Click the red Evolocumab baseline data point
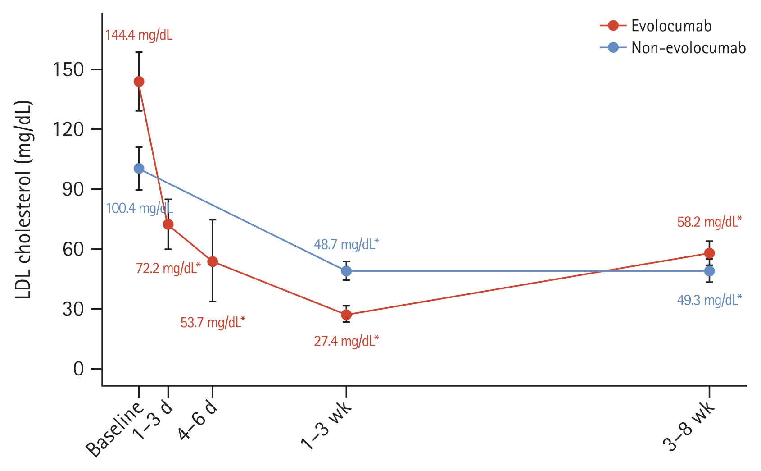[x=139, y=82]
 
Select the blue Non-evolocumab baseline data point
[x=139, y=169]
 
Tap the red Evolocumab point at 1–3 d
[x=168, y=224]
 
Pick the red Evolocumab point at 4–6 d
[x=213, y=261]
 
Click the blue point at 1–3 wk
[x=346, y=271]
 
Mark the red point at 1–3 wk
[x=346, y=315]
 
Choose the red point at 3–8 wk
[x=709, y=253]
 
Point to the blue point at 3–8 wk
[x=709, y=271]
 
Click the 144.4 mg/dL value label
[x=139, y=35]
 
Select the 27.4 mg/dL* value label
[x=346, y=341]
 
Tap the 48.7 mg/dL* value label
[x=346, y=245]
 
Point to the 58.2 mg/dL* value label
[x=709, y=222]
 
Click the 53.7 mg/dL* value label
[x=213, y=323]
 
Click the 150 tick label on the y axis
[x=68, y=70]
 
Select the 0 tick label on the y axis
[x=78, y=369]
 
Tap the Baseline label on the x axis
[x=115, y=428]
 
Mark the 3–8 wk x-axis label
[x=689, y=426]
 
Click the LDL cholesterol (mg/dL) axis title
[x=23, y=201]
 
